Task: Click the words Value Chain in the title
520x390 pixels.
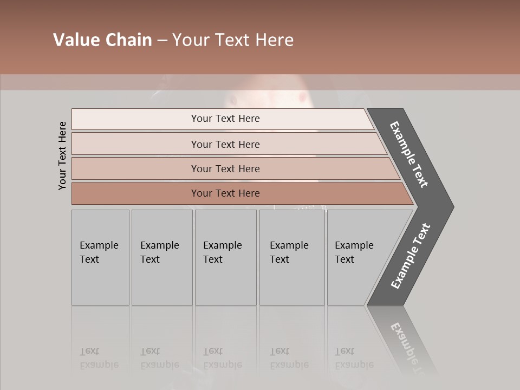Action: tap(102, 40)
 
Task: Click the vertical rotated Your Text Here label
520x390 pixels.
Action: tap(62, 155)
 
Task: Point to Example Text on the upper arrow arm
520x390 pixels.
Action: tap(409, 154)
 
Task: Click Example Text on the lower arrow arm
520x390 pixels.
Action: tap(411, 256)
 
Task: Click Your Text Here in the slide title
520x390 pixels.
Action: tap(233, 40)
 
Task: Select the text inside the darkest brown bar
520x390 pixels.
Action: tap(225, 193)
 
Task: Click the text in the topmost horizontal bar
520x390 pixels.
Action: tap(225, 119)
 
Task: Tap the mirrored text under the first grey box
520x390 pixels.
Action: tap(99, 358)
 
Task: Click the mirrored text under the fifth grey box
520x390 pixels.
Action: tap(354, 358)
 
